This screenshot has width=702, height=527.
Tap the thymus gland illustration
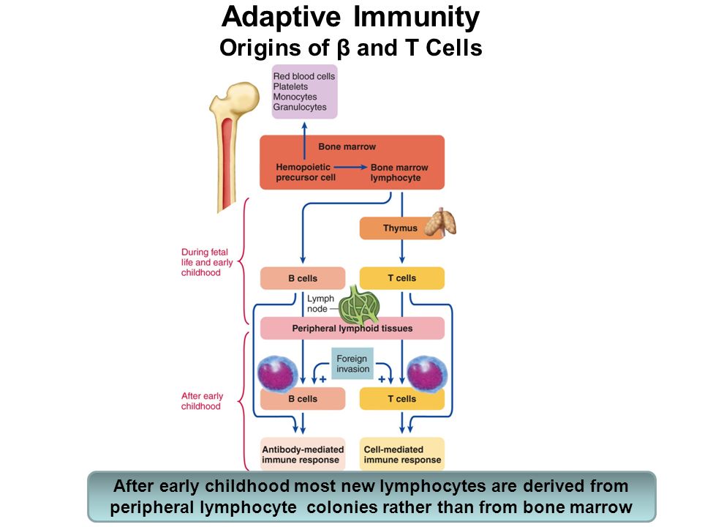[440, 222]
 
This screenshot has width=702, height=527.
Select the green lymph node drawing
[359, 306]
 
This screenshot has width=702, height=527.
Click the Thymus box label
[400, 228]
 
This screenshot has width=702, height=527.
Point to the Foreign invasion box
[352, 364]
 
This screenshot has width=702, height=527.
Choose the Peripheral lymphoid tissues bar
[352, 328]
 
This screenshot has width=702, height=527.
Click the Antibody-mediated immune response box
[303, 454]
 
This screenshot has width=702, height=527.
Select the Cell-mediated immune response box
[402, 454]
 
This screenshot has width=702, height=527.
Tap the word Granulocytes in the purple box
[300, 107]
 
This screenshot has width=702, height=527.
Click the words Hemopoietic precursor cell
[306, 172]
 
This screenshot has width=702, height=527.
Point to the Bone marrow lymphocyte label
[399, 173]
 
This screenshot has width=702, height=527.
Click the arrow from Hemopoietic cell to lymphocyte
[350, 167]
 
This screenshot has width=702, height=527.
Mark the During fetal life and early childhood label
[207, 262]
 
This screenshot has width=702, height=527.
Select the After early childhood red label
[202, 401]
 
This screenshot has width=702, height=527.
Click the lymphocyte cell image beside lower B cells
[278, 374]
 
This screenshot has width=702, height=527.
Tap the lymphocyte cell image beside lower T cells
[427, 373]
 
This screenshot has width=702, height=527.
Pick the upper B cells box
[303, 278]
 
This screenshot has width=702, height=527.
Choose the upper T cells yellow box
[402, 278]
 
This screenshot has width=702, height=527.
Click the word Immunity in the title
[416, 17]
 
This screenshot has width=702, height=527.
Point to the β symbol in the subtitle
[343, 48]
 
